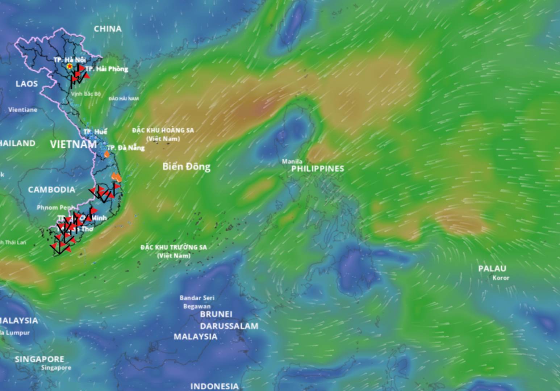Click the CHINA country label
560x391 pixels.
[108, 29]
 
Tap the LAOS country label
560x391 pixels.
[27, 84]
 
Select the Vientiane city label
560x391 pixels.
[23, 110]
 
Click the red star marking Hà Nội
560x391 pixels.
[69, 66]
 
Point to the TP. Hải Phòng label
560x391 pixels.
[108, 69]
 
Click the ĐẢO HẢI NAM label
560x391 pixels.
[124, 98]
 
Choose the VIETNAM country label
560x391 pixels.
[73, 144]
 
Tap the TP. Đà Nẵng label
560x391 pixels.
[126, 148]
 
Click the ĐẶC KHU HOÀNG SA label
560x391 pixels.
[163, 130]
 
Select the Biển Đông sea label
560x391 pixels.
[186, 167]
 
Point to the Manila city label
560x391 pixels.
[292, 161]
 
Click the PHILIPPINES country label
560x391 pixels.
[318, 169]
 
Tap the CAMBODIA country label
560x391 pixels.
[52, 190]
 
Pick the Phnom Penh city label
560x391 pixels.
[55, 207]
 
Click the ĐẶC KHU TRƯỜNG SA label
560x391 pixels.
[174, 247]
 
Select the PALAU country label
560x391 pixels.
[492, 269]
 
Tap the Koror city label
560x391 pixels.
[501, 278]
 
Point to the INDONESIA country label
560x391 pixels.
[214, 386]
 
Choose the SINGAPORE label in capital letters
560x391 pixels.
[39, 359]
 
